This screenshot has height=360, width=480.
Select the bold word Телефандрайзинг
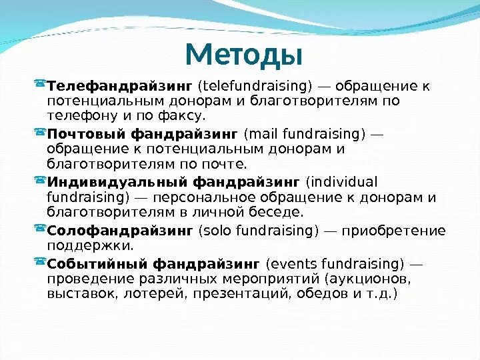[x=119, y=87]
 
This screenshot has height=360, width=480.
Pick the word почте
[x=225, y=164]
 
